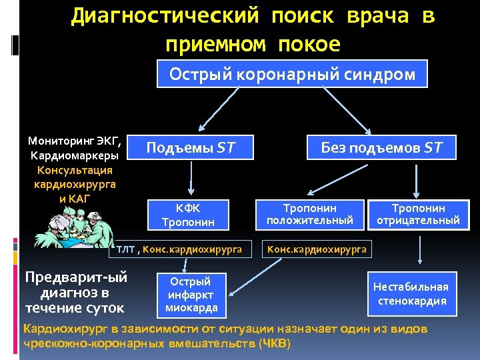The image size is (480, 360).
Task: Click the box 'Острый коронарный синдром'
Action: [292, 74]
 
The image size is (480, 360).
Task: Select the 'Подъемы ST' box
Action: [191, 147]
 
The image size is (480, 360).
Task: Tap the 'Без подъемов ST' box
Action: [381, 147]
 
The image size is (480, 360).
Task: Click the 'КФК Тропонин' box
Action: [187, 214]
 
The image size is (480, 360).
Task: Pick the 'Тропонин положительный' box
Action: [309, 214]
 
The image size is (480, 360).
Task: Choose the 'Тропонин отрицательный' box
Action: [418, 214]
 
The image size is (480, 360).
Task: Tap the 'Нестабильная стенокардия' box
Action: [411, 293]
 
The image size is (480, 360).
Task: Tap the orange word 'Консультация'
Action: [75, 170]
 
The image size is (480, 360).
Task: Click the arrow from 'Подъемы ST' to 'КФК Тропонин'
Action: [191, 179]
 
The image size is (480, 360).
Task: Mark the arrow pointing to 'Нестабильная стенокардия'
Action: [419, 251]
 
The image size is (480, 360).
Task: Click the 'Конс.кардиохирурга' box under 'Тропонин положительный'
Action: [317, 249]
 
